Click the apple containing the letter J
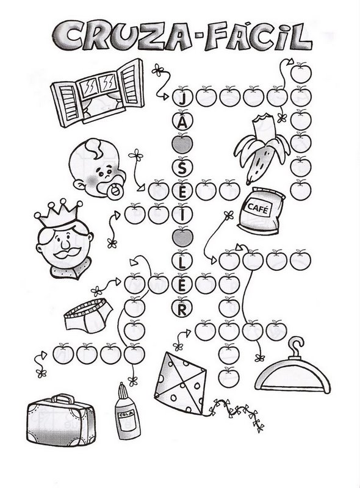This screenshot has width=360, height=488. pyautogui.click(x=183, y=97)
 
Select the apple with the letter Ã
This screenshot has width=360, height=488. pyautogui.click(x=183, y=120)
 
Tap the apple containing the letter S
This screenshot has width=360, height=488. pyautogui.click(x=183, y=167)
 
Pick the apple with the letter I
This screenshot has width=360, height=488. pyautogui.click(x=183, y=215)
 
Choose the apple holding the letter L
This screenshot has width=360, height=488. pyautogui.click(x=183, y=261)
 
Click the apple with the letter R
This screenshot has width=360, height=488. pyautogui.click(x=183, y=308)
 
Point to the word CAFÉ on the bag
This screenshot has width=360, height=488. pyautogui.click(x=258, y=208)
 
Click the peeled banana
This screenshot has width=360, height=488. pyautogui.click(x=262, y=149)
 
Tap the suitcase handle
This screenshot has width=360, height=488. pyautogui.click(x=63, y=399)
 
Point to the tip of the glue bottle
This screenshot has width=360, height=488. pyautogui.click(x=122, y=387)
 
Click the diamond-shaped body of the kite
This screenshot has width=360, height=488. pyautogui.click(x=180, y=384)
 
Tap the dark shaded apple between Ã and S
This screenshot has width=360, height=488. pyautogui.click(x=183, y=144)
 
